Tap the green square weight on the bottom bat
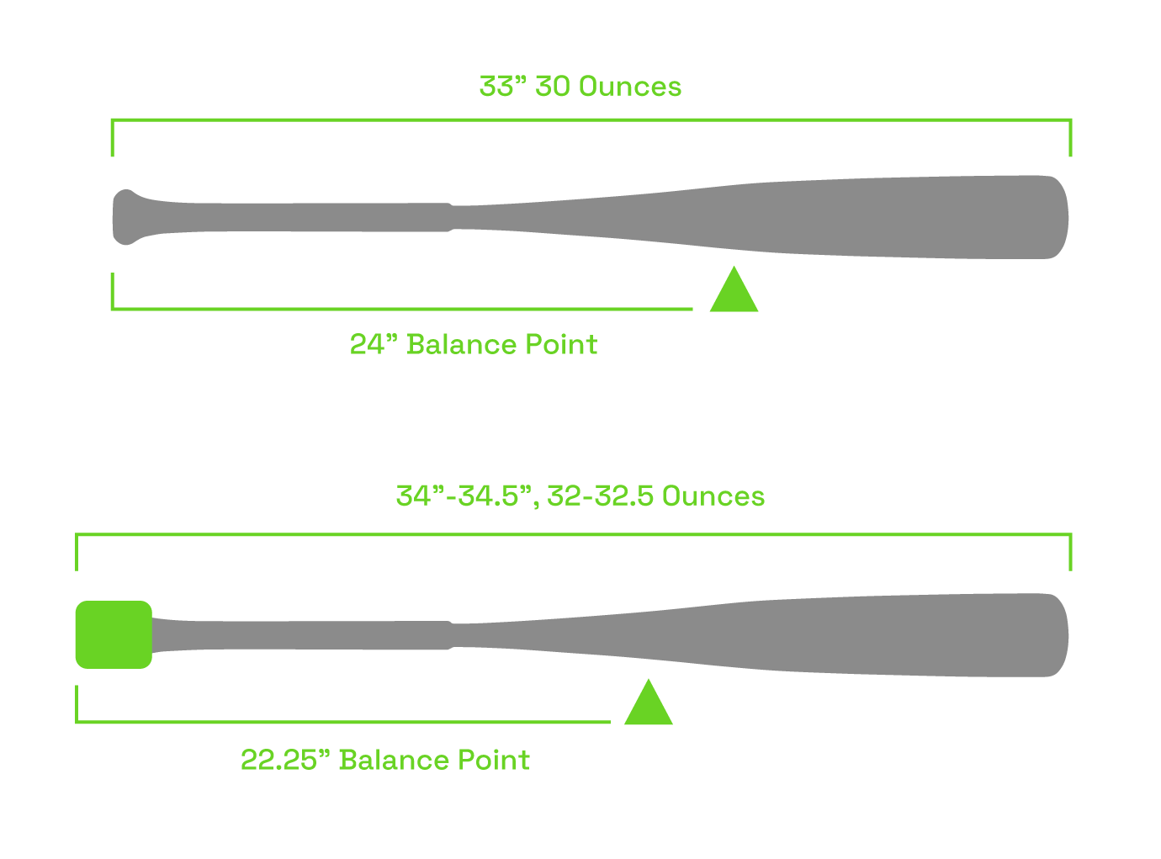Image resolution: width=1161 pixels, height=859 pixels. point(114,634)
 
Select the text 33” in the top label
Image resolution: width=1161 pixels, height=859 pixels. point(502,87)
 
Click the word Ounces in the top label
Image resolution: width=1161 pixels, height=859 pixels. point(629,87)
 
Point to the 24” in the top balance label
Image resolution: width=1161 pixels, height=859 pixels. point(373,344)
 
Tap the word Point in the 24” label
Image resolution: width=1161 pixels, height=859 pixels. point(561,344)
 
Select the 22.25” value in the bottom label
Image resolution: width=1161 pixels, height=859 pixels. point(284,760)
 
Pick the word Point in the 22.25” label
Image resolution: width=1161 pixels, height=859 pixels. point(494,760)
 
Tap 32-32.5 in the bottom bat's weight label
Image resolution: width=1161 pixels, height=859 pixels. point(600,496)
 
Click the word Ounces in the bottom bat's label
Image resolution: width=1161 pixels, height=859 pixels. point(713,496)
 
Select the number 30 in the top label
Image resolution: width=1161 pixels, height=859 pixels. point(553,87)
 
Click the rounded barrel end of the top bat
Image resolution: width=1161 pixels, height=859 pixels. point(1056,217)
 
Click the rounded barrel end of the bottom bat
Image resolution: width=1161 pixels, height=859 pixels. point(1056,635)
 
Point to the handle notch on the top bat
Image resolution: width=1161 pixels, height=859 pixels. point(452,217)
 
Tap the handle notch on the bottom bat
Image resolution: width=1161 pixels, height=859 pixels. point(452,635)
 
